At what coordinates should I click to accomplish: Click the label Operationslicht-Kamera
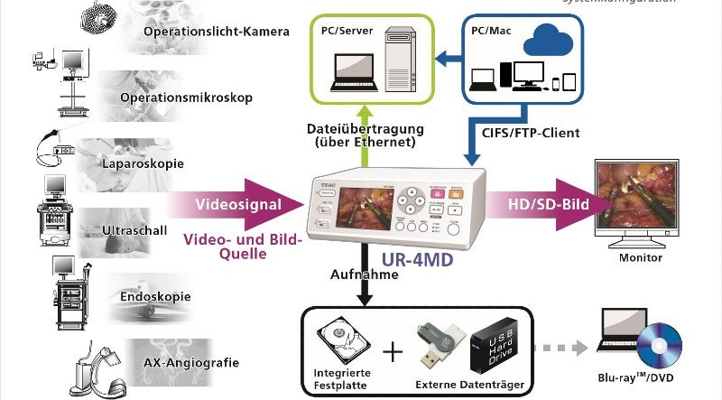pyautogui.click(x=216, y=33)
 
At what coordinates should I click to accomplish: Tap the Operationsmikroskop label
pyautogui.click(x=199, y=97)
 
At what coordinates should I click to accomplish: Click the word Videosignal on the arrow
pyautogui.click(x=237, y=204)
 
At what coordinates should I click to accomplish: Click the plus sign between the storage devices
pyautogui.click(x=392, y=350)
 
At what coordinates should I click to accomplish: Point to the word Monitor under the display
pyautogui.click(x=640, y=258)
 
